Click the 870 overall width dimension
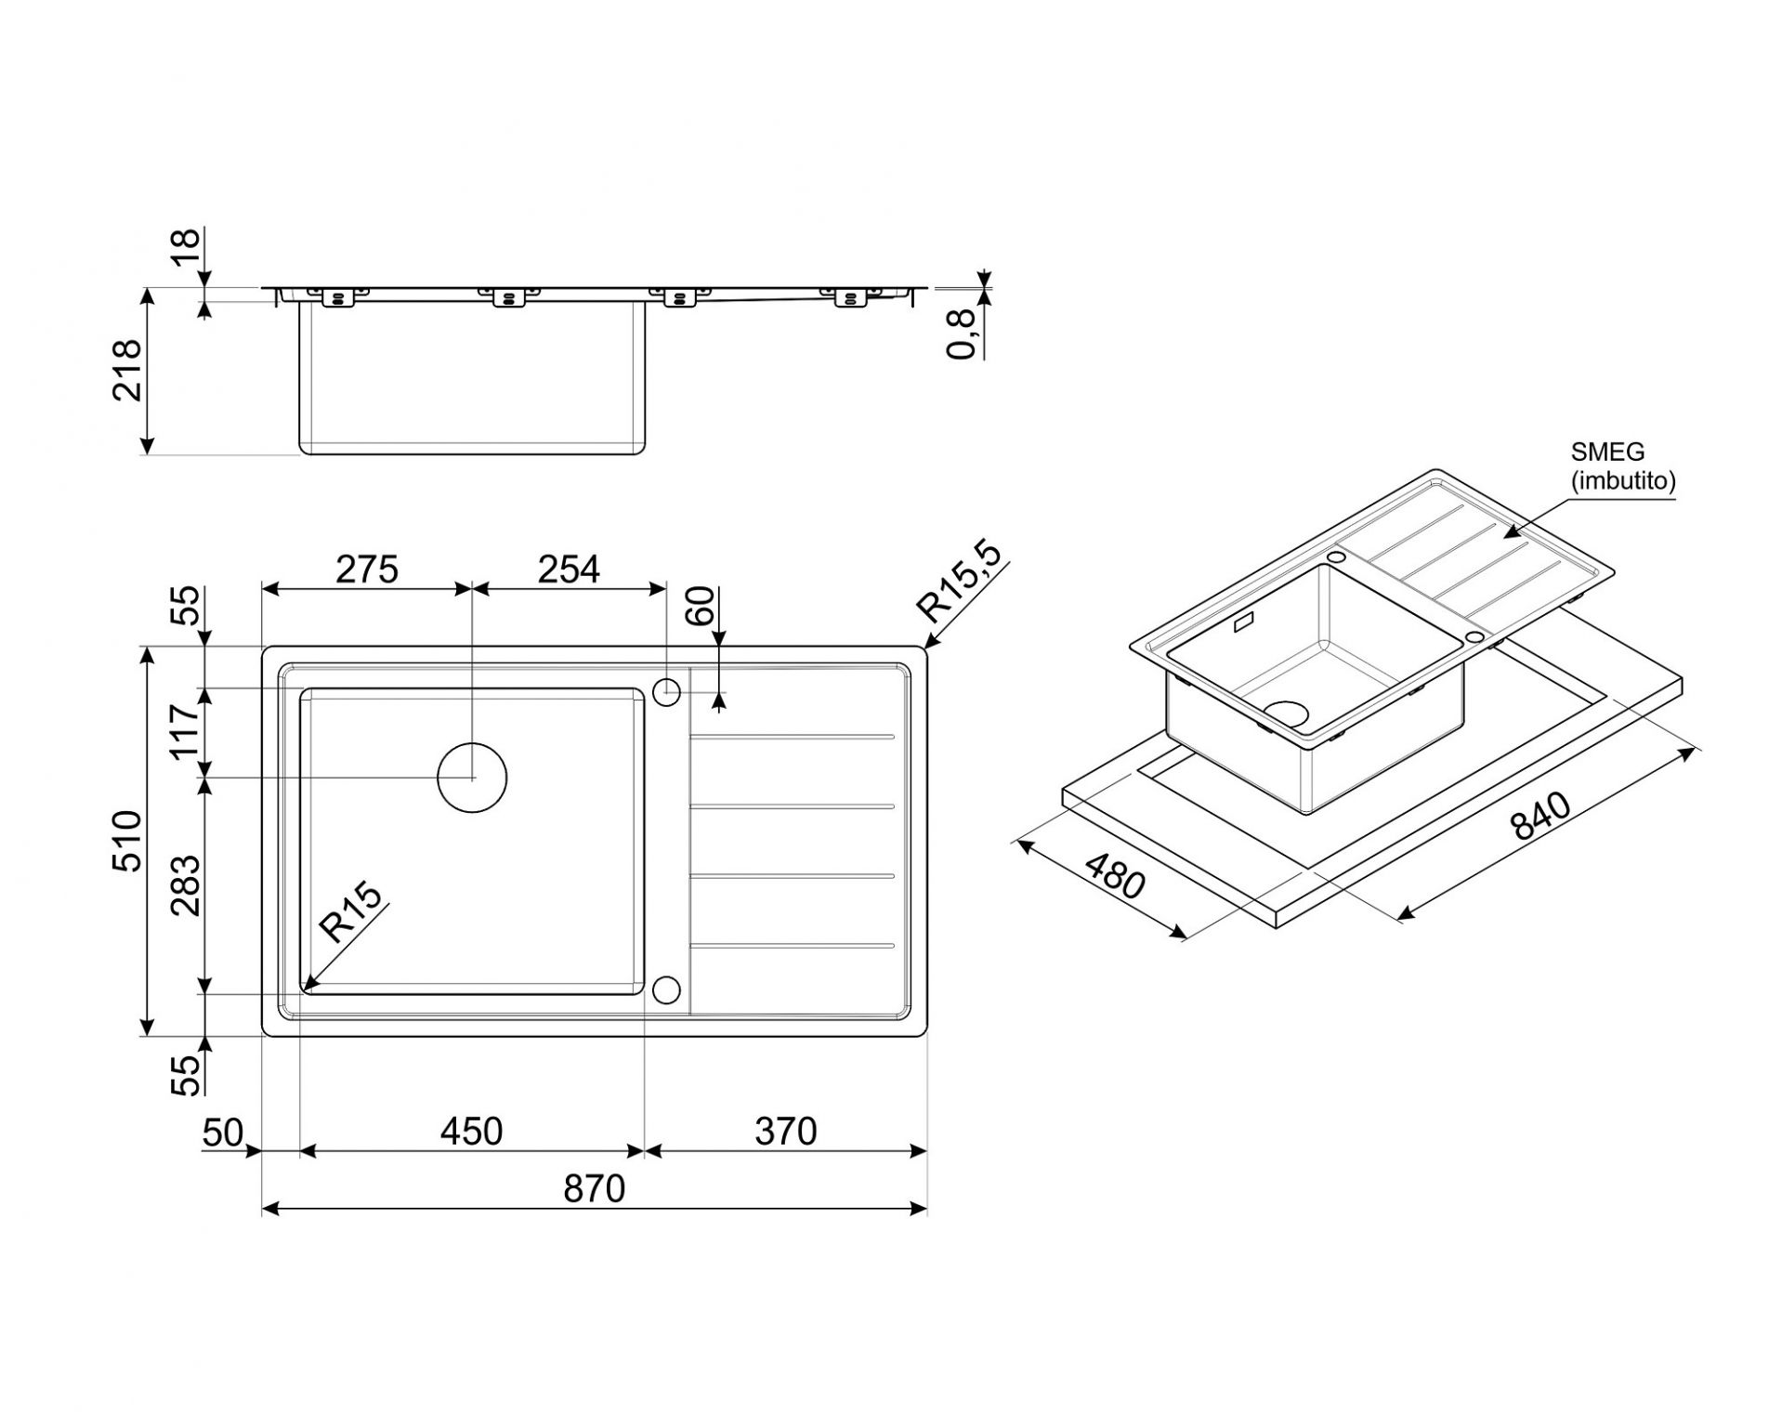point(594,1189)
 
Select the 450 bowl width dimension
point(471,1132)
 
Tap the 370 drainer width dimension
point(785,1132)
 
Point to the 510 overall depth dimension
point(127,840)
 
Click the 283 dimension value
point(186,884)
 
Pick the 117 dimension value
point(186,731)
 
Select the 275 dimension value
point(367,569)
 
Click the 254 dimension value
point(569,569)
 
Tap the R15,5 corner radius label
point(960,583)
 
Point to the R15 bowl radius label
point(350,912)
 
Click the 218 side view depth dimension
point(127,370)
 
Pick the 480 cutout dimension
point(1115,876)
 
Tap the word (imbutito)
point(1623,481)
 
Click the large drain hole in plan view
point(472,777)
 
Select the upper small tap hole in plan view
point(667,692)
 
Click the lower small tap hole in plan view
point(667,990)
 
